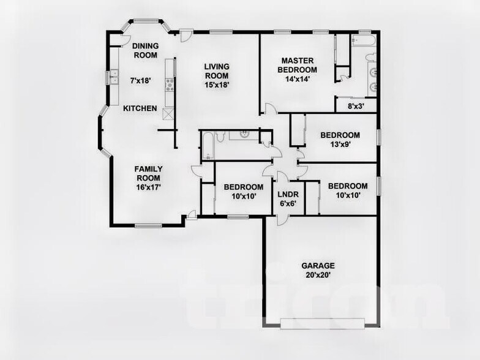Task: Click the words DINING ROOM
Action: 145,50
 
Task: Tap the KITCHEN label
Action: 140,108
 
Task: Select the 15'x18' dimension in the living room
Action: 217,85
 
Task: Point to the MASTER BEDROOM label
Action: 298,65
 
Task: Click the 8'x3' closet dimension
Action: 356,105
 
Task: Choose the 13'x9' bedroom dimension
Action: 340,145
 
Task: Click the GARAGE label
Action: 318,266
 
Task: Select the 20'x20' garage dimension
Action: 318,276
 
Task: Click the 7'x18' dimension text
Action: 140,80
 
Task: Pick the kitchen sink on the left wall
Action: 114,78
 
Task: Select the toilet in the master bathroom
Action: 370,57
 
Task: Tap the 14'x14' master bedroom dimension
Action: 298,78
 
